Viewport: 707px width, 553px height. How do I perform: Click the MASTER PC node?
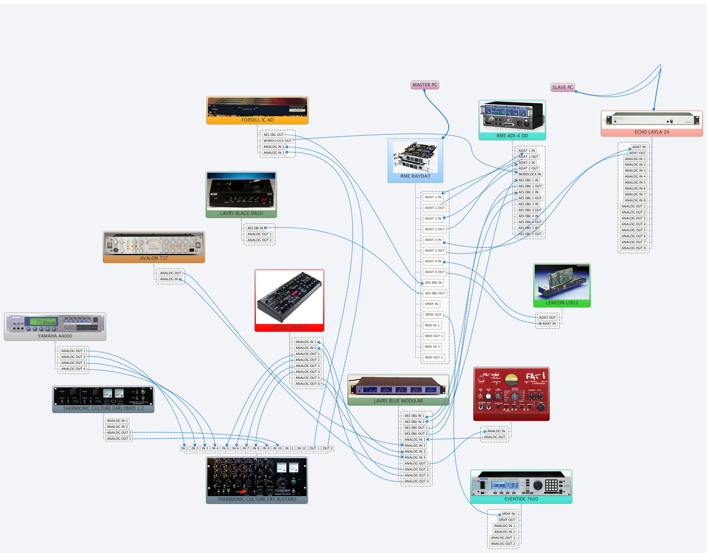(x=425, y=85)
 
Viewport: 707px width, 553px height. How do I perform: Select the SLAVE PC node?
(x=562, y=87)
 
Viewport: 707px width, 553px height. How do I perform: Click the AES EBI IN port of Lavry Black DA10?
(x=255, y=228)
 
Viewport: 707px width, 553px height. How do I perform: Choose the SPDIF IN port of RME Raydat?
(x=431, y=304)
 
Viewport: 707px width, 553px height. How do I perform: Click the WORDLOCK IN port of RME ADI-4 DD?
(x=529, y=174)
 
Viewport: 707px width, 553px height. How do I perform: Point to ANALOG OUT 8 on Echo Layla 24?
(x=633, y=248)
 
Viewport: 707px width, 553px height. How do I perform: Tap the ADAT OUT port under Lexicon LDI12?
(x=547, y=317)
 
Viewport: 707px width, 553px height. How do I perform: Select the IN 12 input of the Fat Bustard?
(x=301, y=448)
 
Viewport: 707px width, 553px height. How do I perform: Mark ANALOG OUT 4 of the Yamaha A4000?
(x=73, y=369)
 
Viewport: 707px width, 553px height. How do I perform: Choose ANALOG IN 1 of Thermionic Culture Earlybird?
(x=117, y=421)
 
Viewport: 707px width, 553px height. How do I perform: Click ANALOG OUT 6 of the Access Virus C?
(x=307, y=384)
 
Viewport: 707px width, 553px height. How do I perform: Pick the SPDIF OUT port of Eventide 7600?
(x=507, y=520)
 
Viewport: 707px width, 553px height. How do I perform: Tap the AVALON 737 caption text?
(x=154, y=258)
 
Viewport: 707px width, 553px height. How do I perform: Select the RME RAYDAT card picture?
(x=415, y=157)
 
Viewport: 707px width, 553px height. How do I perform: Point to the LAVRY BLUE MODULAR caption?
(x=398, y=401)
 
